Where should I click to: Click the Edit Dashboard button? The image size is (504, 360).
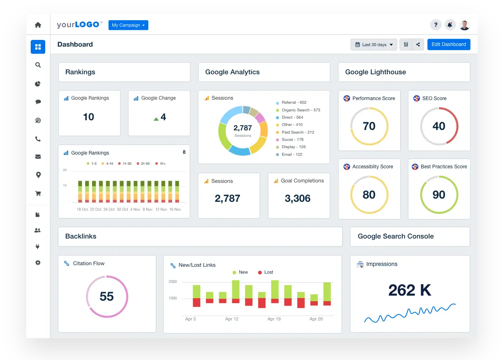[448, 44]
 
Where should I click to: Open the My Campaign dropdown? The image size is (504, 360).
[128, 25]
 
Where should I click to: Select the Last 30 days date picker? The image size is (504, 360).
[374, 45]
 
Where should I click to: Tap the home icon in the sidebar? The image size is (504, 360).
[38, 25]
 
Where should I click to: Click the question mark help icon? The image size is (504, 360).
[435, 25]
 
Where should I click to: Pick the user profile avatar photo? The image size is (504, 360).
[464, 25]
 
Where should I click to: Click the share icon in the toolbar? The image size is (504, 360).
[418, 45]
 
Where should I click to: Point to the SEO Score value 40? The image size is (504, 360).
[439, 126]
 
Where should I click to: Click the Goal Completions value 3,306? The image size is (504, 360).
[297, 199]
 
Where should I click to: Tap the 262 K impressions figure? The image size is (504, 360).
[409, 290]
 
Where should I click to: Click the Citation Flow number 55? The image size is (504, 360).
[107, 297]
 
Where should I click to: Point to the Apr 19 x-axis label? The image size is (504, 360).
[274, 319]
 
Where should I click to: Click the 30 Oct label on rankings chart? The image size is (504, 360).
[122, 209]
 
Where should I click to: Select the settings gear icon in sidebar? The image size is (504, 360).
[38, 263]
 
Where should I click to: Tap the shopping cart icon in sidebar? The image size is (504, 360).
[38, 193]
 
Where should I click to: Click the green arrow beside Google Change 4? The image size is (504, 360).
[156, 119]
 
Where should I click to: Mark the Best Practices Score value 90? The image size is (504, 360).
[439, 195]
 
